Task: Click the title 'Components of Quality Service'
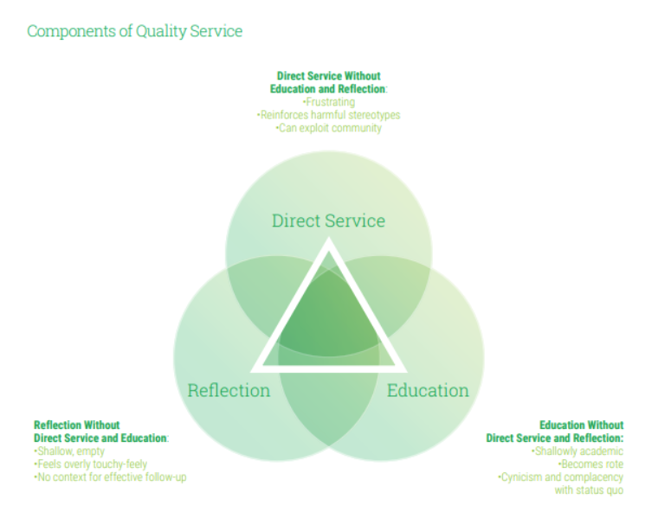[x=135, y=31]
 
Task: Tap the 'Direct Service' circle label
[x=329, y=221]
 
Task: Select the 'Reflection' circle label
[x=229, y=390]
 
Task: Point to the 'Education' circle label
[x=428, y=390]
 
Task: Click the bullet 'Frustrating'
[x=329, y=102]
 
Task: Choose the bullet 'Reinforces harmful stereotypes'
[x=329, y=115]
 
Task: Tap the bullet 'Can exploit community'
[x=329, y=128]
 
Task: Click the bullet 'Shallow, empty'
[x=69, y=451]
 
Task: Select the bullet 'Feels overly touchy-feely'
[x=91, y=464]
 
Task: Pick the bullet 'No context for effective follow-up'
[x=110, y=477]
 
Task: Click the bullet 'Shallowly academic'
[x=577, y=451]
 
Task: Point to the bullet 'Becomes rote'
[x=590, y=464]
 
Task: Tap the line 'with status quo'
[x=590, y=490]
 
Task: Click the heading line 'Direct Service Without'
[x=329, y=76]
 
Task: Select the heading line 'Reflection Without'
[x=77, y=425]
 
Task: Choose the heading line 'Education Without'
[x=582, y=425]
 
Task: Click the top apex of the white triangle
[x=329, y=237]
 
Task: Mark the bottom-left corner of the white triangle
[x=250, y=372]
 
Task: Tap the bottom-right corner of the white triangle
[x=407, y=372]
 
